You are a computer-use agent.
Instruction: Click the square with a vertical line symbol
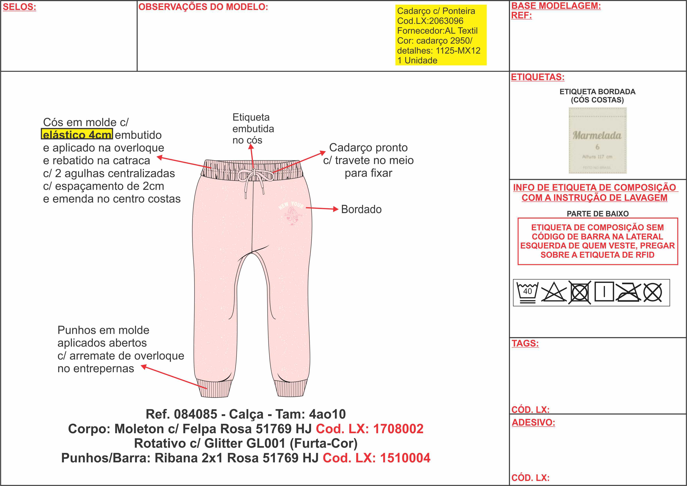tap(604, 292)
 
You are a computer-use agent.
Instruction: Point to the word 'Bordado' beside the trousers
tap(361, 210)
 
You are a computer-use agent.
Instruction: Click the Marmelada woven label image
tap(597, 140)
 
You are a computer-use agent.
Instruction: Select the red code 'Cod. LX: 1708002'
tap(370, 429)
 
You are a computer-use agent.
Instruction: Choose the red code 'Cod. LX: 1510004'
tap(376, 458)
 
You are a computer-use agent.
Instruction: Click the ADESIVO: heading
tap(533, 422)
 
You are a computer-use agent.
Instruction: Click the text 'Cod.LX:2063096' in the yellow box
tap(430, 21)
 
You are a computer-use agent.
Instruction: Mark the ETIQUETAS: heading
tap(538, 77)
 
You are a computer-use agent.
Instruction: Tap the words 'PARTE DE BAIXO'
tap(597, 214)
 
